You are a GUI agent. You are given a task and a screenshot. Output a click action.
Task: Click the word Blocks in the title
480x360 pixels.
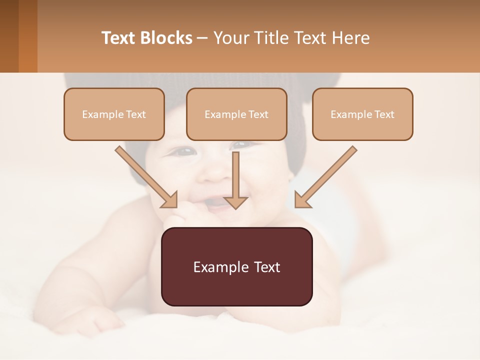(x=166, y=38)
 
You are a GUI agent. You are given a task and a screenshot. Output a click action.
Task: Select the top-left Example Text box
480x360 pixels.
(x=114, y=114)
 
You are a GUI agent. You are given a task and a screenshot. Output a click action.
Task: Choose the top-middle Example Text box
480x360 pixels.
(x=236, y=114)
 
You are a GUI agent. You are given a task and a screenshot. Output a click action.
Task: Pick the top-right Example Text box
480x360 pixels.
(x=362, y=114)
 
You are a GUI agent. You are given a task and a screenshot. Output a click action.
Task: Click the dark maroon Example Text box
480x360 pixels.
(x=236, y=266)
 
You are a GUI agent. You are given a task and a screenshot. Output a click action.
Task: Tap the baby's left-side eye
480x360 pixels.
(x=184, y=150)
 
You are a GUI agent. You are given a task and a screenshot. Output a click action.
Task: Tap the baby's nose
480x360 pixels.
(x=216, y=172)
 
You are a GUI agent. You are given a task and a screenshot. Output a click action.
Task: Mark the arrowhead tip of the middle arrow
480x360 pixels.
(x=236, y=207)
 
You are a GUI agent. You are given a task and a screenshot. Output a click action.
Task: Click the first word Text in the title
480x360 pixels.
(x=120, y=38)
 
